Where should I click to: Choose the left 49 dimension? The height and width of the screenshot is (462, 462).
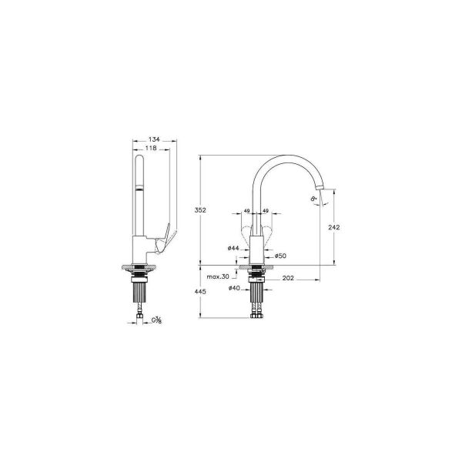[x=246, y=210]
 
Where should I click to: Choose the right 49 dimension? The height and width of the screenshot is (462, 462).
[x=266, y=210]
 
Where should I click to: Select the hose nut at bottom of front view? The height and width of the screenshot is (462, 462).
[x=257, y=314]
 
